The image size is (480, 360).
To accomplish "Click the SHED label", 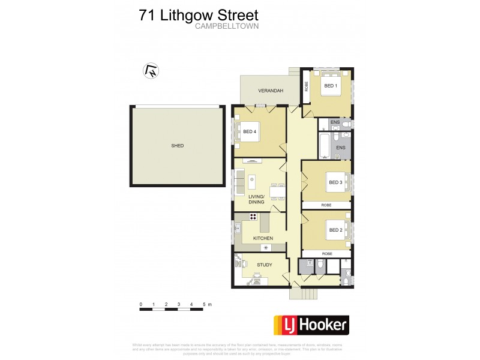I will coord(177,146).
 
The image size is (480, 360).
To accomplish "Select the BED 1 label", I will coord(331,86).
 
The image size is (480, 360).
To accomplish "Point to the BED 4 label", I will coord(249,131).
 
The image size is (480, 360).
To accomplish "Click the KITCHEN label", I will coord(263,238).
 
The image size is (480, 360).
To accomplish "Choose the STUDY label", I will coord(264,265).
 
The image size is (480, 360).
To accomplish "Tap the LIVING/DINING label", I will coord(256,199).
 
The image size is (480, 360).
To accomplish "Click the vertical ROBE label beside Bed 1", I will coord(305,86).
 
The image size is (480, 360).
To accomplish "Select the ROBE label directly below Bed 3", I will coord(326,205).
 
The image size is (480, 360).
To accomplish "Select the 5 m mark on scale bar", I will coord(204,305).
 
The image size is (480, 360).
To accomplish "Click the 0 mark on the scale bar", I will coord(141,305).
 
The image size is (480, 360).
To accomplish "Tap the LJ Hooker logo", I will coord(311,325).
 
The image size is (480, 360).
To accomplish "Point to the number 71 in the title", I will coord(148,14).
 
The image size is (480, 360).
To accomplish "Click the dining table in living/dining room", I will coord(277,191).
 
